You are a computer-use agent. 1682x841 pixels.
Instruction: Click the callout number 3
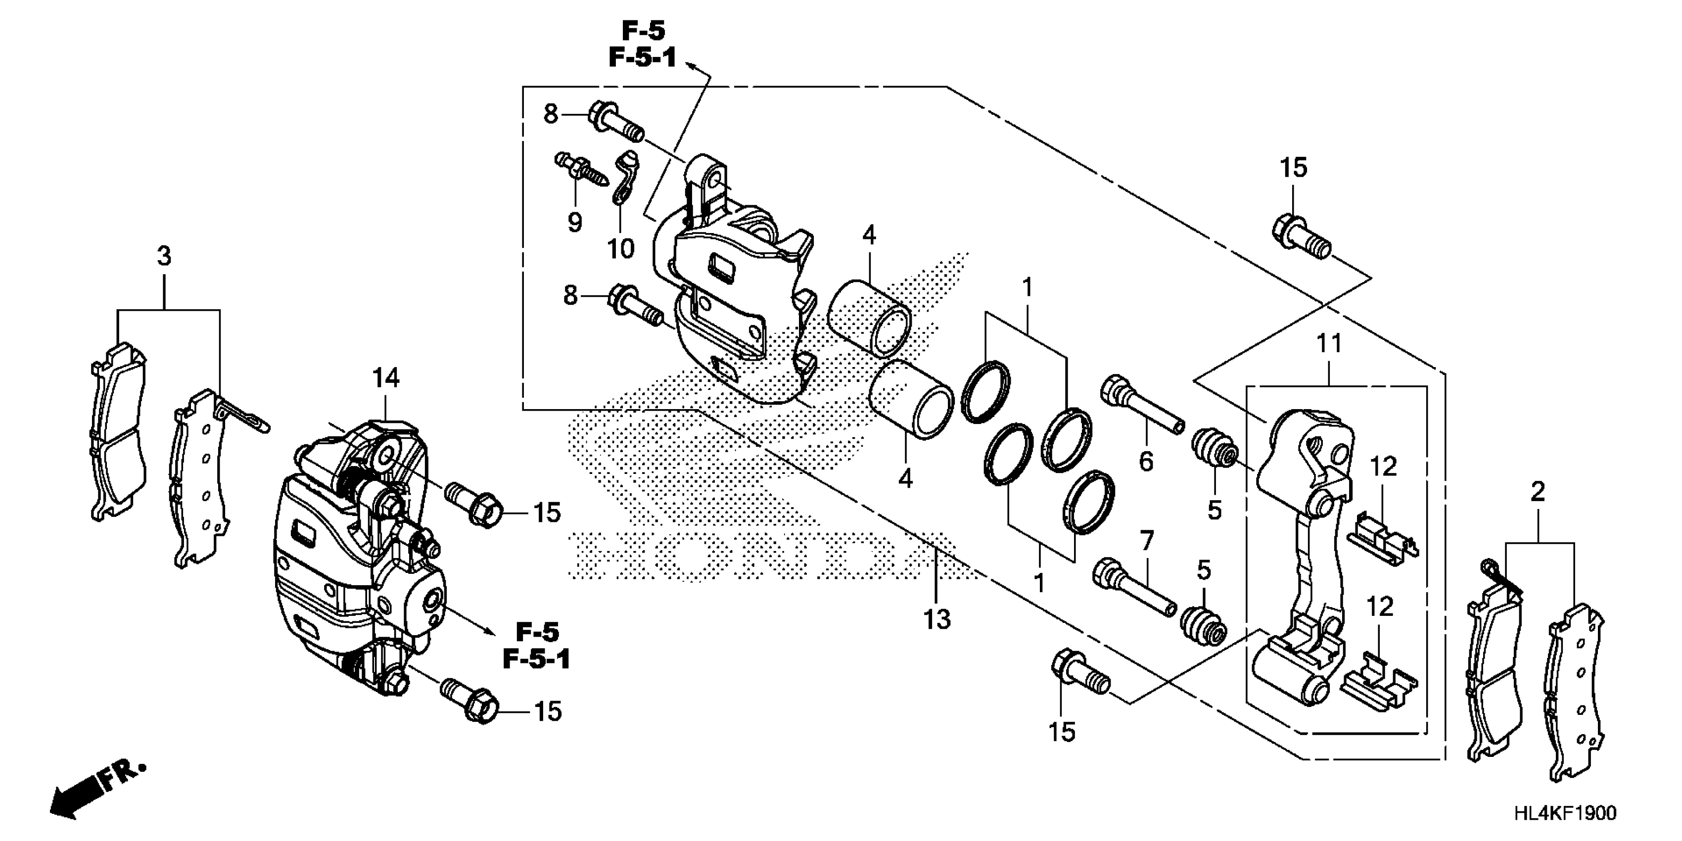(x=164, y=255)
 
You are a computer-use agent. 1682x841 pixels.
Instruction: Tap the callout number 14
(x=386, y=378)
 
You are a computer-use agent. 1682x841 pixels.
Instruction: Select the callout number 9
(x=574, y=223)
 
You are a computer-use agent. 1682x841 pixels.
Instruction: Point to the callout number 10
(x=620, y=248)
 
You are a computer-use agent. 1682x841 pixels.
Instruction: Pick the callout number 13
(x=937, y=619)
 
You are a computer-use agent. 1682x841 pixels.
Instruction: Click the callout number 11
(x=1329, y=343)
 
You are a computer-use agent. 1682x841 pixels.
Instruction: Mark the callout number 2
(x=1538, y=492)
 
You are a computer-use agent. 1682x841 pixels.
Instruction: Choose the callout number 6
(x=1146, y=462)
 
